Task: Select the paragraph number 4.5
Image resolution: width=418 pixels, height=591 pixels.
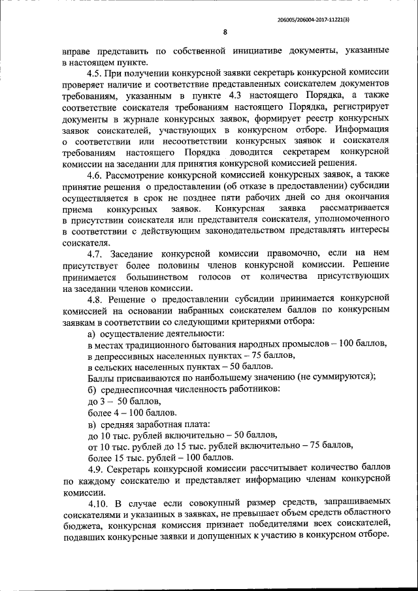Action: pos(97,72)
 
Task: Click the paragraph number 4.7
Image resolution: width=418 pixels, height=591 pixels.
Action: pos(97,253)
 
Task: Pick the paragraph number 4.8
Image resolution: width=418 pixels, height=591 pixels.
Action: pos(97,298)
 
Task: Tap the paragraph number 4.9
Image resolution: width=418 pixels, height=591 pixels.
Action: pos(97,468)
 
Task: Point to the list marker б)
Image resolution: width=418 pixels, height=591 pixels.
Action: pos(93,389)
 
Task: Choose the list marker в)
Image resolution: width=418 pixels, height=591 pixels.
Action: pos(93,423)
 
